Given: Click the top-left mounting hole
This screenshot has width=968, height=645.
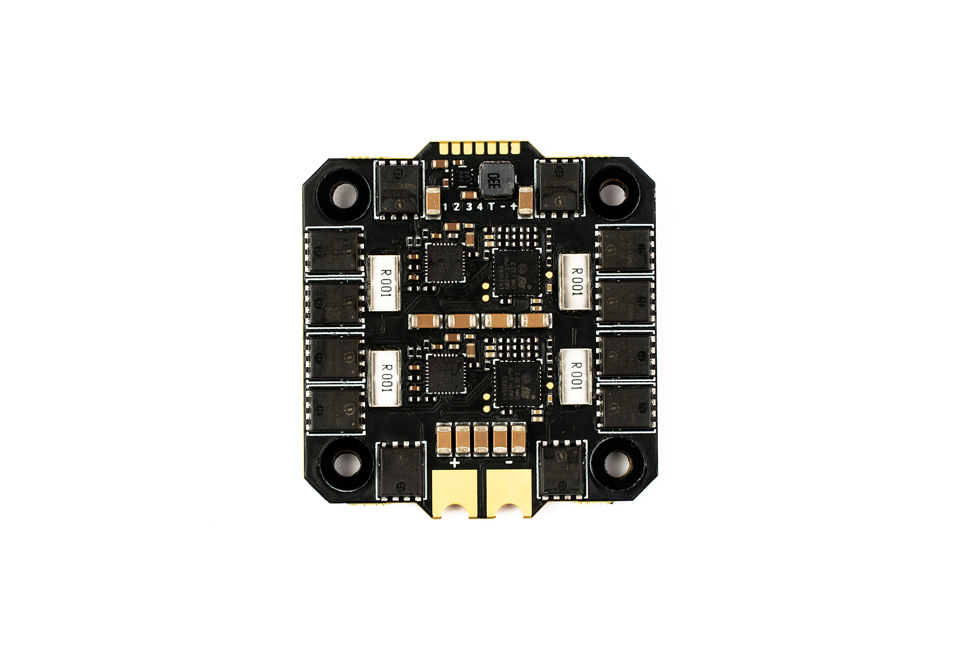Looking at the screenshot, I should [345, 194].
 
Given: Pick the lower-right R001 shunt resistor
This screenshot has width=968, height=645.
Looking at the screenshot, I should [575, 377].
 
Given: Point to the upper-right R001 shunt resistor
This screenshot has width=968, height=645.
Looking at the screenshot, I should [575, 282].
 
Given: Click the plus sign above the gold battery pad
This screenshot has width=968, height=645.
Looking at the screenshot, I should [454, 462].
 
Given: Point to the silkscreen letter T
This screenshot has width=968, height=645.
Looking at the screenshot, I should [492, 206].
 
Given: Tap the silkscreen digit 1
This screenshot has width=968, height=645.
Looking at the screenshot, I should [445, 206].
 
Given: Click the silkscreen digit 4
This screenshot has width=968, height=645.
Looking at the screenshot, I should [479, 206].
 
